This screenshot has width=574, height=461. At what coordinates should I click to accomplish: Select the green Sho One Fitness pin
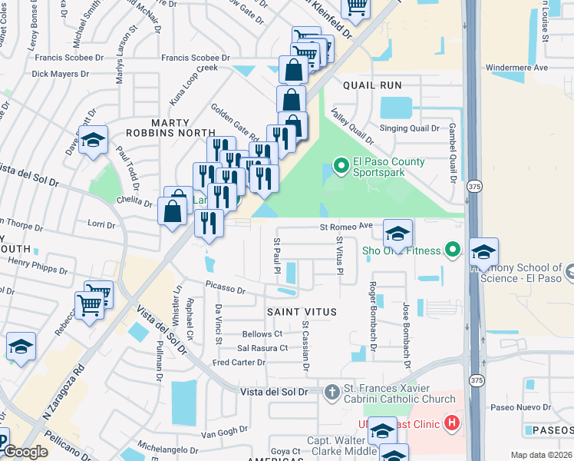[x=453, y=250]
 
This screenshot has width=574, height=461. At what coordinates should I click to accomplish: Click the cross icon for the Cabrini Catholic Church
[x=332, y=393]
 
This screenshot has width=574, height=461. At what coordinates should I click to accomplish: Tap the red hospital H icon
[x=453, y=423]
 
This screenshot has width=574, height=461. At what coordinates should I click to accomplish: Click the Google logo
[x=25, y=452]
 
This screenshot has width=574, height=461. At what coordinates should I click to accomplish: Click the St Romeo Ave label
[x=345, y=227]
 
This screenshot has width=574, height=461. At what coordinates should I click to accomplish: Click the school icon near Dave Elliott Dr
[x=94, y=141]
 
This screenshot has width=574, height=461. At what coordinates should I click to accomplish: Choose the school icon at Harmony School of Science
[x=483, y=252]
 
